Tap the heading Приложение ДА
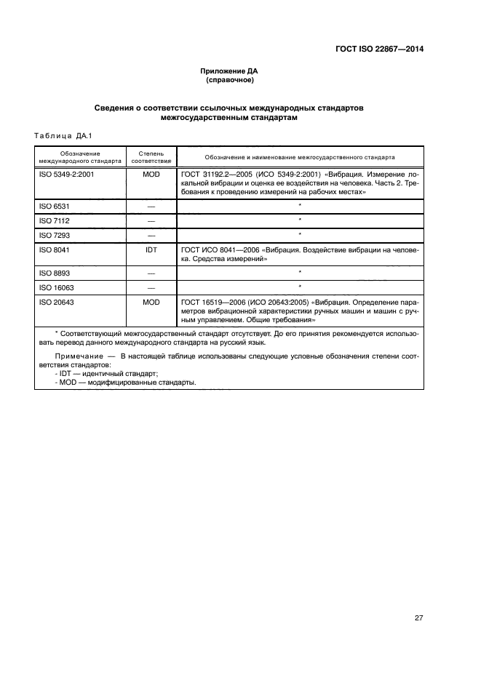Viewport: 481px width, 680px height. pyautogui.click(x=229, y=71)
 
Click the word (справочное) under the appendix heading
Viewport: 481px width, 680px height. pyautogui.click(x=229, y=80)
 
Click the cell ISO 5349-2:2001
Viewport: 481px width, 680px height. pyautogui.click(x=66, y=175)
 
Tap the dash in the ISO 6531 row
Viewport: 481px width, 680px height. pyautogui.click(x=152, y=207)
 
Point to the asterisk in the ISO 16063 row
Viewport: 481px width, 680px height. pyautogui.click(x=300, y=287)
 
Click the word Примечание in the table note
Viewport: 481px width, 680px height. pyautogui.click(x=76, y=356)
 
